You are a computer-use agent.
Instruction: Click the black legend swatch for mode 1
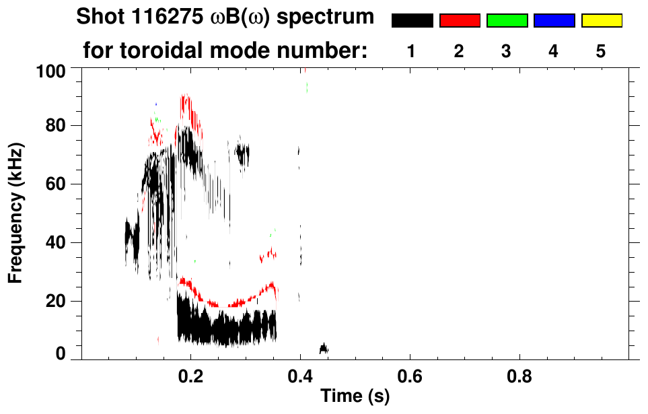(x=412, y=21)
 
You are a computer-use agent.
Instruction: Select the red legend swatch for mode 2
(x=460, y=21)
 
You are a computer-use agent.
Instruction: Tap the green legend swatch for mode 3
(x=507, y=21)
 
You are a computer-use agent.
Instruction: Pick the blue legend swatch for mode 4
(x=554, y=21)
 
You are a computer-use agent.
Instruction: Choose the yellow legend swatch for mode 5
(x=602, y=21)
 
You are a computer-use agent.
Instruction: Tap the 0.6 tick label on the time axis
(x=410, y=374)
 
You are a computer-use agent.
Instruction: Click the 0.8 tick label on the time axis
(x=519, y=374)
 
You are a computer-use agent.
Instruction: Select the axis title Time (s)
(x=355, y=396)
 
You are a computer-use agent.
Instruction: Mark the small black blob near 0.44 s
(x=324, y=348)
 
